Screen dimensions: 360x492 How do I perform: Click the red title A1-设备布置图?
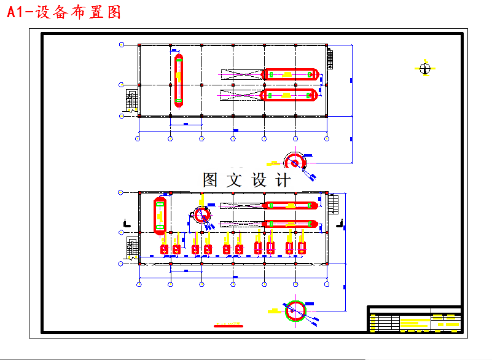click(64, 12)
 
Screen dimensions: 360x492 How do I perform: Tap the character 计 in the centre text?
click(283, 180)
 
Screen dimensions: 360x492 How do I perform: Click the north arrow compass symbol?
click(424, 68)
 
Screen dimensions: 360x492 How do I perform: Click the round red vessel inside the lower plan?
click(201, 214)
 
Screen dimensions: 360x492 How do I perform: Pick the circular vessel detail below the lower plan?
click(296, 311)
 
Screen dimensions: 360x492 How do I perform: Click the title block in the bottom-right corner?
click(415, 319)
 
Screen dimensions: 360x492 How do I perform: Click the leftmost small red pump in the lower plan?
click(164, 249)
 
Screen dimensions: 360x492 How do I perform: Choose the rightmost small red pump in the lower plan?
click(302, 247)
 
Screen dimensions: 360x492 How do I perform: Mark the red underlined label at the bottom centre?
click(228, 325)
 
